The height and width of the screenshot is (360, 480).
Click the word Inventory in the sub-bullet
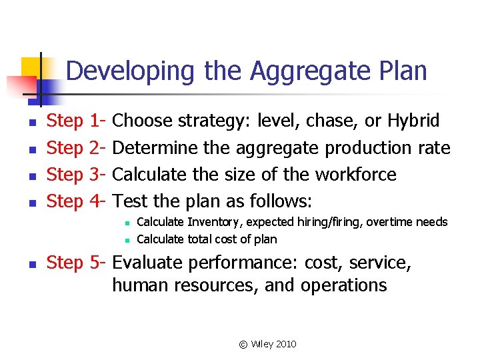pos(211,222)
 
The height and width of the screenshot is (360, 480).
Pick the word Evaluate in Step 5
pos(151,263)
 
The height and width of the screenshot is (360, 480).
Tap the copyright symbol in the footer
pos(243,344)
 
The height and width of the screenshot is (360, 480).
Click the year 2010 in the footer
pos(285,344)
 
